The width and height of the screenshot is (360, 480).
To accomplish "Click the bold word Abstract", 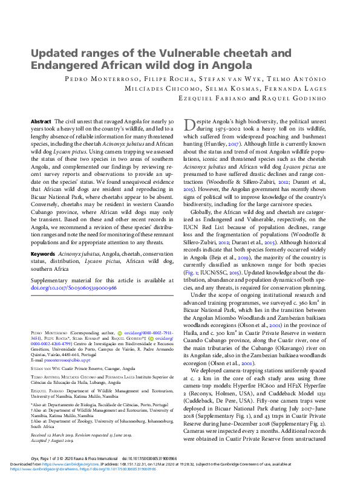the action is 41,121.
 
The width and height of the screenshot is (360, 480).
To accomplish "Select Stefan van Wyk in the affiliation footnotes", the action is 46,368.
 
